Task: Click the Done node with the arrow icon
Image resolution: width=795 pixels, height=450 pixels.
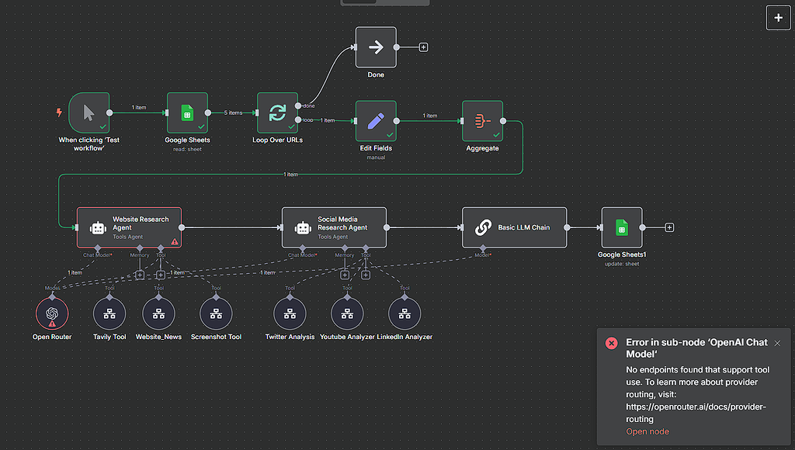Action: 376,47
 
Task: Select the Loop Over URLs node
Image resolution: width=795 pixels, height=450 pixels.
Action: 277,113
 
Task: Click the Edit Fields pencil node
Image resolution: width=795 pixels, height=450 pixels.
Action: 376,121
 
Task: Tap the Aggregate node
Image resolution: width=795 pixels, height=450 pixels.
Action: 482,121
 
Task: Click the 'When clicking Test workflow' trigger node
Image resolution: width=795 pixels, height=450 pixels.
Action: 89,113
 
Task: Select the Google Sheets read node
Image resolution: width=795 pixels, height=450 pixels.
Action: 187,113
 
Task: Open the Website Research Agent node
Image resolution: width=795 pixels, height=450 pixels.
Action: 129,227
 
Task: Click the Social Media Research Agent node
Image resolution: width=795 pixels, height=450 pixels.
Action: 334,227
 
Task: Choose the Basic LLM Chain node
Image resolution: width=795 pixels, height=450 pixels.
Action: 514,227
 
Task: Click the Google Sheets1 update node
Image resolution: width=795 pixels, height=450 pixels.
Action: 622,227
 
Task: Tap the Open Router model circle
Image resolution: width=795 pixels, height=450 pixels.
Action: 52,313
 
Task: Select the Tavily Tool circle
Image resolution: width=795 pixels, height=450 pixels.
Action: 109,313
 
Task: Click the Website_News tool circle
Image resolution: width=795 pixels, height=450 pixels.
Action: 159,313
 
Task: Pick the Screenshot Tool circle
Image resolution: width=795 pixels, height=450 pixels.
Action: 217,313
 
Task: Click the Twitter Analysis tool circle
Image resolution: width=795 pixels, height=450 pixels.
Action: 290,313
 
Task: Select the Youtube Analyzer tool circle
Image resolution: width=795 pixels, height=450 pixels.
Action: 348,313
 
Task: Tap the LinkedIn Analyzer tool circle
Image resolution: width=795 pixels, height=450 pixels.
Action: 404,313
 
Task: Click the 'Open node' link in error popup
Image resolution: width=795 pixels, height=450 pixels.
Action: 647,431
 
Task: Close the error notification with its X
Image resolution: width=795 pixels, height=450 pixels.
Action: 777,343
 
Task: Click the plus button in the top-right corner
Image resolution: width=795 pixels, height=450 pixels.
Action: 778,17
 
